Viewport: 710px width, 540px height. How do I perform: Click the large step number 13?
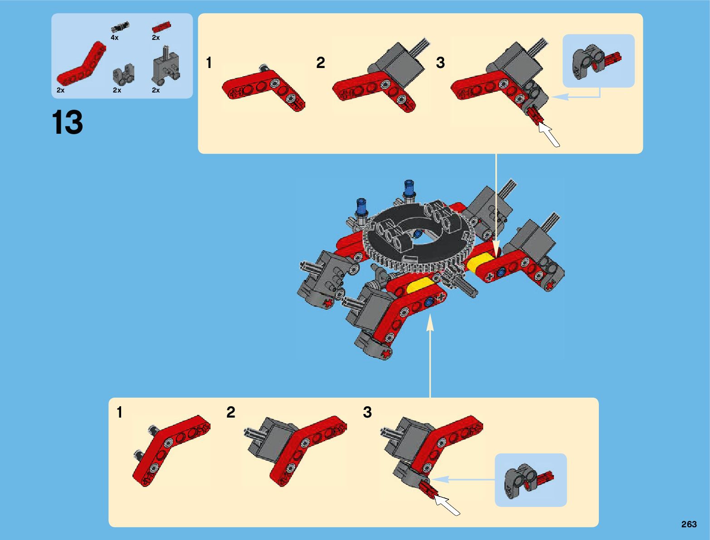(68, 122)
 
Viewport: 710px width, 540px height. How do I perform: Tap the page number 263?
(689, 524)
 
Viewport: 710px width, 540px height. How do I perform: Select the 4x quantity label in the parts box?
(114, 38)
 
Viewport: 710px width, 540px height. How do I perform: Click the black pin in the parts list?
(120, 26)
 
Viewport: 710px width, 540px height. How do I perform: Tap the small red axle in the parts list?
(161, 27)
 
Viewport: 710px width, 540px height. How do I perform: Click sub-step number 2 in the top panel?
(320, 63)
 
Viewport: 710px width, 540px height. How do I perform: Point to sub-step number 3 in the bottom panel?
(367, 412)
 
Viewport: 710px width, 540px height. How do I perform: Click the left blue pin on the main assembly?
(362, 207)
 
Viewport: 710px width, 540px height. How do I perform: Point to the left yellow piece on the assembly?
(420, 286)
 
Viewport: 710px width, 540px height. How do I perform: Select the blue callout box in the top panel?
(598, 61)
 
